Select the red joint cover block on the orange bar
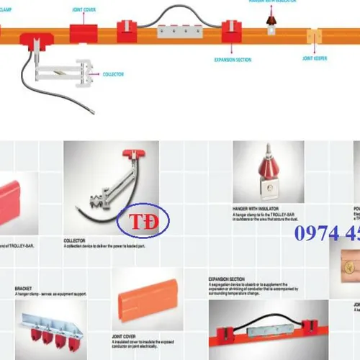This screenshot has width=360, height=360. [85, 32]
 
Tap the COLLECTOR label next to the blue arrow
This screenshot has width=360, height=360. [113, 73]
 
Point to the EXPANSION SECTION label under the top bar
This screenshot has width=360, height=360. [233, 60]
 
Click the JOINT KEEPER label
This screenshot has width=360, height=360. [315, 58]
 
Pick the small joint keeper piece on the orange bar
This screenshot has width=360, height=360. [314, 35]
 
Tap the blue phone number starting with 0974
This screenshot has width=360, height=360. [327, 234]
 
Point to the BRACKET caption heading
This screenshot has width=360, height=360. [23, 288]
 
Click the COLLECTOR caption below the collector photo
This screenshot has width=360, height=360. [75, 241]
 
